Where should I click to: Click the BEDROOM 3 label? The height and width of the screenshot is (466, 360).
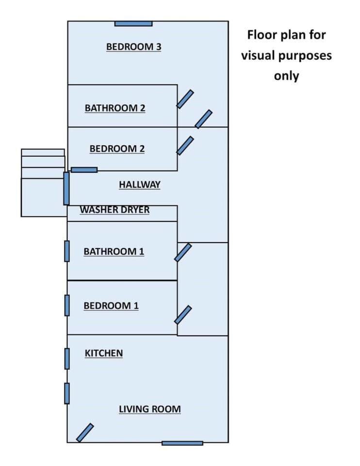[133, 47]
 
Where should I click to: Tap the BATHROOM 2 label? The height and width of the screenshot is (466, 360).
[115, 108]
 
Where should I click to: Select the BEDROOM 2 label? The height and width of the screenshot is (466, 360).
[117, 149]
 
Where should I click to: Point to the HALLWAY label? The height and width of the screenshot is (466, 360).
[140, 184]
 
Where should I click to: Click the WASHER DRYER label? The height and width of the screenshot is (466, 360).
[115, 210]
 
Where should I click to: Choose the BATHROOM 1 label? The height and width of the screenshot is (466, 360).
[114, 251]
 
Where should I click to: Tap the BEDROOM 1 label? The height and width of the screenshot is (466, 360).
[111, 306]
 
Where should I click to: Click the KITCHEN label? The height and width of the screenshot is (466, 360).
[104, 353]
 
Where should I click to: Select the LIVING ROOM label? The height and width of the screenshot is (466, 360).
[150, 409]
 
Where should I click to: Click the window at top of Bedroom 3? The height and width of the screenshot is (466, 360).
[133, 23]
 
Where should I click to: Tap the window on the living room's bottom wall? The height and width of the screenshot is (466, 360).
[182, 443]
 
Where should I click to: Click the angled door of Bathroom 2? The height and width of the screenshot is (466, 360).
[185, 99]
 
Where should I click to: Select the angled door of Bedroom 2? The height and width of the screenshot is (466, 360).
[185, 146]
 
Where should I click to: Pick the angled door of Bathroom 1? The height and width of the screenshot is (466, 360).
[183, 252]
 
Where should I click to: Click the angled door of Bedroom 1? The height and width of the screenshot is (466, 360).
[183, 315]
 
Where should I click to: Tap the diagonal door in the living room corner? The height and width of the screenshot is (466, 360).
[85, 433]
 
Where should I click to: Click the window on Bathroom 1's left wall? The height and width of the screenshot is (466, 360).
[67, 251]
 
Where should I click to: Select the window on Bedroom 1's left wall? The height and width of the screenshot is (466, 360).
[67, 305]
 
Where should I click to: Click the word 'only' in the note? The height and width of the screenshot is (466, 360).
[286, 76]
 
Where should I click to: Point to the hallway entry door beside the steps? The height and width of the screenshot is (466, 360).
[66, 188]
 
